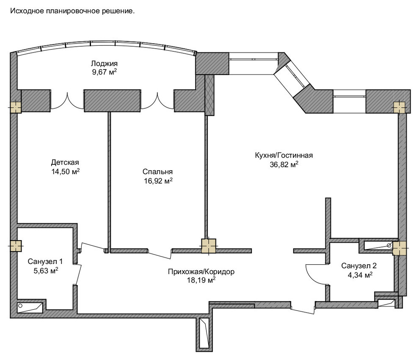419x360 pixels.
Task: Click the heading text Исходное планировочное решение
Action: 72,11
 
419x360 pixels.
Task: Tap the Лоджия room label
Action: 104,64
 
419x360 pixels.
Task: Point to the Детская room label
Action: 65,162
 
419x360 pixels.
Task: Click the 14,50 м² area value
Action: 66,172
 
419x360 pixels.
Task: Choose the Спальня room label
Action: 158,172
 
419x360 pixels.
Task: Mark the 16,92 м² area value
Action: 158,181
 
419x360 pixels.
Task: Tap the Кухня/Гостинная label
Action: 284,155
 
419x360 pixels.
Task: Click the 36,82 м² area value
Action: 284,164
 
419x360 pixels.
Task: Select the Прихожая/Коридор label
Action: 201,272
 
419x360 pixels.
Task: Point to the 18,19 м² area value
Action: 201,280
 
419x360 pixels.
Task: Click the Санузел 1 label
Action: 45,261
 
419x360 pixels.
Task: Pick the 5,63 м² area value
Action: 46,271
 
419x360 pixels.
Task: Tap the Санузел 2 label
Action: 359,266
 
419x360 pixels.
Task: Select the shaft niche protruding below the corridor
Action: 204,333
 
